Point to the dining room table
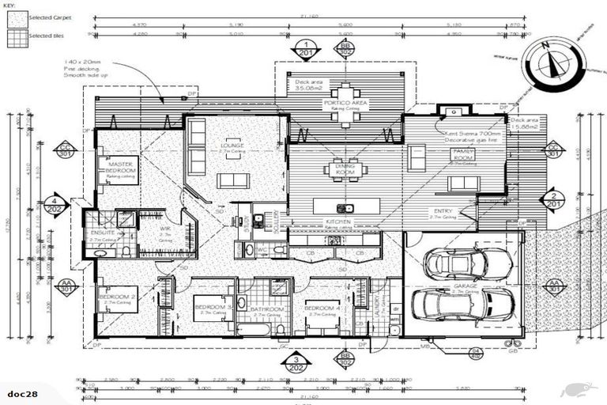coord(346,169)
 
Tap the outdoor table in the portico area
coord(345,103)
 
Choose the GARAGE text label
coord(462,287)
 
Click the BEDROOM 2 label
coord(119,298)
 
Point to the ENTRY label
coord(443,211)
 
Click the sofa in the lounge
coord(233,180)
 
